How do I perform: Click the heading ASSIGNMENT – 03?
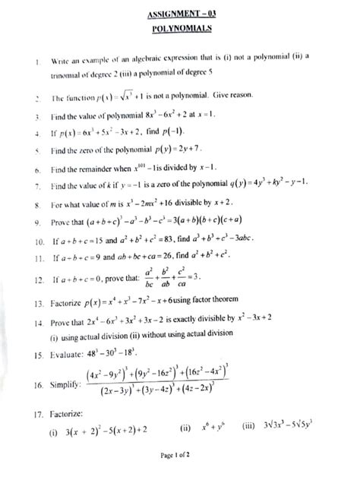coord(180,12)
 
